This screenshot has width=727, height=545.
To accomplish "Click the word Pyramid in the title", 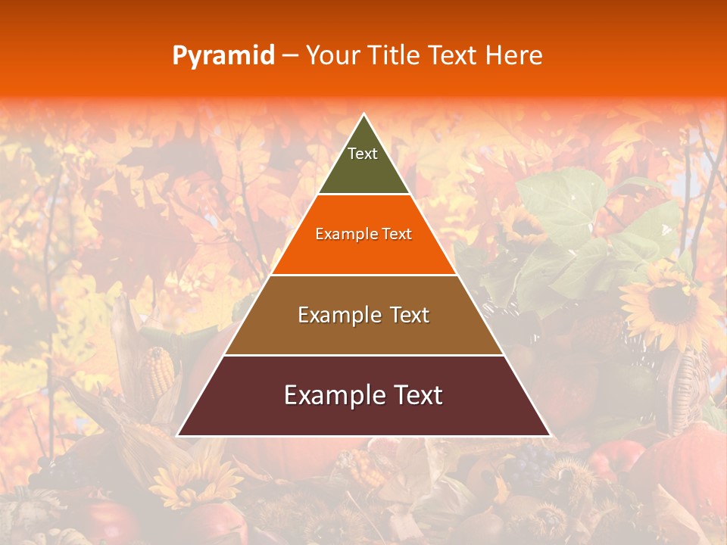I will pyautogui.click(x=223, y=56).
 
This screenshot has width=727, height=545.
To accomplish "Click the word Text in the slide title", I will pyautogui.click(x=453, y=55).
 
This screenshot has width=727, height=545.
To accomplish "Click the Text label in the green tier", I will pyautogui.click(x=363, y=154).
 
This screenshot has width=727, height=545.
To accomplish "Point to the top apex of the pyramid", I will pyautogui.click(x=364, y=114).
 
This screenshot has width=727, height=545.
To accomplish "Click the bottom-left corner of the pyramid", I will pyautogui.click(x=177, y=435).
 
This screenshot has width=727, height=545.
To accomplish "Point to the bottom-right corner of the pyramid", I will pyautogui.click(x=551, y=435).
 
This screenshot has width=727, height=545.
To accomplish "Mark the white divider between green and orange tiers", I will pyautogui.click(x=363, y=194).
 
